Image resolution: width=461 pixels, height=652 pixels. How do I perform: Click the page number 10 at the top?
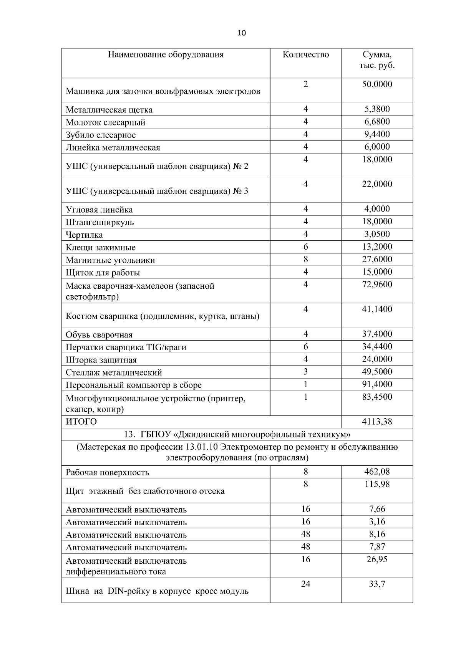point(242,33)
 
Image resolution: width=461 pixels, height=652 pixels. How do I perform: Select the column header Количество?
point(305,55)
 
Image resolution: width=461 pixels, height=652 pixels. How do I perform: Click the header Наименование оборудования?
point(166,55)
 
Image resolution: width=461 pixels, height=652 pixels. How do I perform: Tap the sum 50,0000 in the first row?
point(377,84)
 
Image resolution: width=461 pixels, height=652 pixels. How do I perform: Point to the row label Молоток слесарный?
point(106,122)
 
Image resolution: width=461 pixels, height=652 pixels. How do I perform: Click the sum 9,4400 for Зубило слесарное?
point(377,134)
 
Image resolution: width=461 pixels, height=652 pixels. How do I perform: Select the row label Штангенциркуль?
point(100,222)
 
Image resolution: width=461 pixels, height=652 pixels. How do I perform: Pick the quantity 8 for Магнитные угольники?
point(305,259)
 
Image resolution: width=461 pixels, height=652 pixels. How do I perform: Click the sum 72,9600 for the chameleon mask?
point(377,285)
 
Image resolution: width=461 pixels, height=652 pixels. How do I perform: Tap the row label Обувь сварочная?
point(99,335)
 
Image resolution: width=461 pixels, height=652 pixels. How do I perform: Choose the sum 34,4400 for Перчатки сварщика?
point(377,347)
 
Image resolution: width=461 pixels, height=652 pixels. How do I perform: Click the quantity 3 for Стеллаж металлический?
point(305,372)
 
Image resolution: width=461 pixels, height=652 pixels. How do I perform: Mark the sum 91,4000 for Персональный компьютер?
point(377,384)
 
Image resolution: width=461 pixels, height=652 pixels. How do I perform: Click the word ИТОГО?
point(81,422)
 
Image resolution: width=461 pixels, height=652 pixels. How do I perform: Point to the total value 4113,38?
point(377,422)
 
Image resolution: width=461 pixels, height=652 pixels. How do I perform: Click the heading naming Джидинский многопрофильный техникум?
point(237,435)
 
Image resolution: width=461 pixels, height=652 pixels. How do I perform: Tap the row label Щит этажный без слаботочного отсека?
point(145,491)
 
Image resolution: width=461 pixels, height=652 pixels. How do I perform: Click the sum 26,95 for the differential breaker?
point(377,559)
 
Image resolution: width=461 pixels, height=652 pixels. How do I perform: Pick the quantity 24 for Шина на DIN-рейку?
point(305,584)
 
